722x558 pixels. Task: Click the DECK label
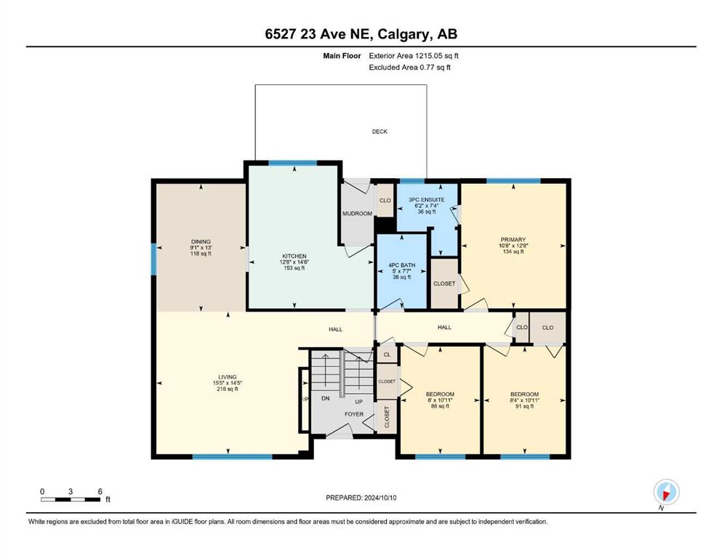point(380,132)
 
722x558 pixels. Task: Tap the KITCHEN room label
point(294,256)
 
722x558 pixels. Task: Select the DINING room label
point(201,241)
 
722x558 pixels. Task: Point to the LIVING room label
point(228,377)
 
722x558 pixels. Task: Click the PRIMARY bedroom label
point(513,240)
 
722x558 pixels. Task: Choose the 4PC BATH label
point(401,265)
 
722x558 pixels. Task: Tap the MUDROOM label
point(357,214)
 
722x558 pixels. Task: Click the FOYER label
point(354,414)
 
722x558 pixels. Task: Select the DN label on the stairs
point(326,398)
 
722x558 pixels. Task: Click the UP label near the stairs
point(358,402)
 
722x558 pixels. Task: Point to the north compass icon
point(666,492)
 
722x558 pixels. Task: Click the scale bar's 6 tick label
point(100,491)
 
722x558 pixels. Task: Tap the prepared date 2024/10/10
point(380,498)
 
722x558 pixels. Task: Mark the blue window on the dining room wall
point(154,259)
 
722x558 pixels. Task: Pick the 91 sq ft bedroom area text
point(524,406)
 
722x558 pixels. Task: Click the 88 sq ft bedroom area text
point(440,406)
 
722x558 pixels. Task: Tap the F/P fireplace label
point(305,400)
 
